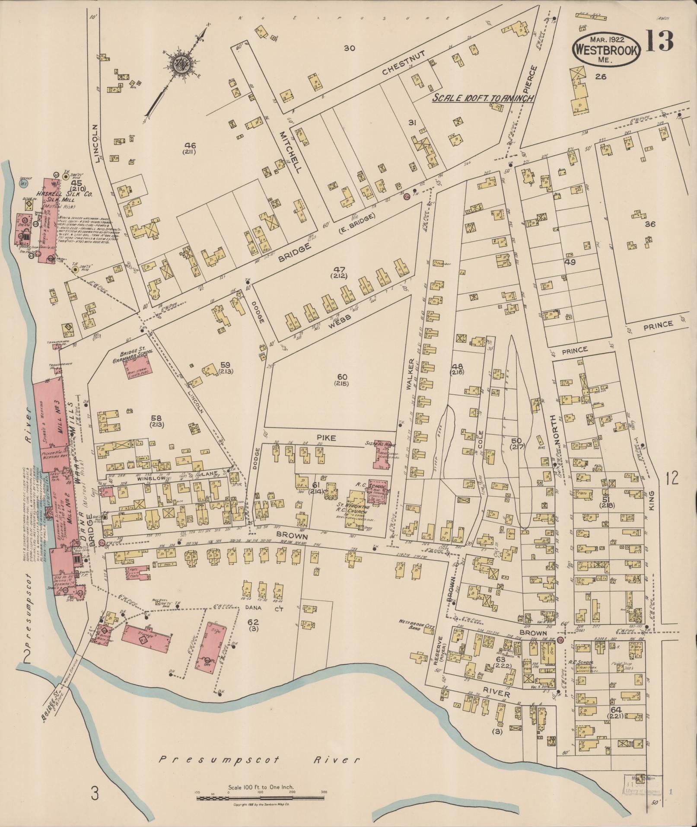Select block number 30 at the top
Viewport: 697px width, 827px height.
pyautogui.click(x=349, y=48)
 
